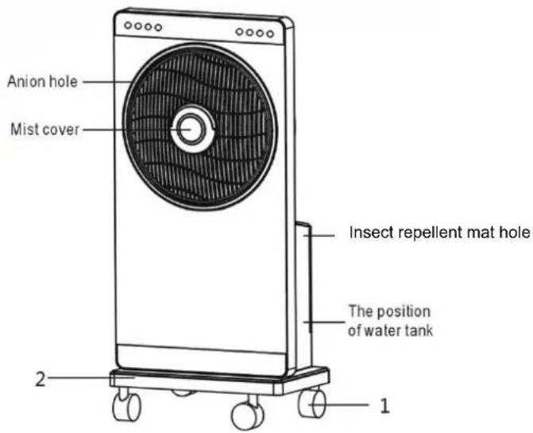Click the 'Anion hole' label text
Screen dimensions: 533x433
[x=42, y=82]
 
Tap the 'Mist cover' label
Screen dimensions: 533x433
[x=44, y=130]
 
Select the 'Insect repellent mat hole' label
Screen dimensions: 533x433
[x=439, y=233]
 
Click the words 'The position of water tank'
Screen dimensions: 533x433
[x=390, y=321]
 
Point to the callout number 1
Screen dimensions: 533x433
[x=384, y=405]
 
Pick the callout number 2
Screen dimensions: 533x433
[x=40, y=379]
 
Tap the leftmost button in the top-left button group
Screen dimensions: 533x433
[x=128, y=25]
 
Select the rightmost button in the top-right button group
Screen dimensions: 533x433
[x=270, y=33]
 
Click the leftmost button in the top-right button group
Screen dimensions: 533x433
[x=240, y=32]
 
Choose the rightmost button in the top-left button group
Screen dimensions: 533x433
[x=158, y=28]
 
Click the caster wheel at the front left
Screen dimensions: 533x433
[x=127, y=406]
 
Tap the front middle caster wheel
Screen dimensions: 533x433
[x=247, y=415]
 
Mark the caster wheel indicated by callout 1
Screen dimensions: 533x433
[x=312, y=403]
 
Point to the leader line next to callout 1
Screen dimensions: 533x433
[x=339, y=404]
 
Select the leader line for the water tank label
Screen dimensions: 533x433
[x=324, y=322]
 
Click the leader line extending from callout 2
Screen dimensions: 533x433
[x=91, y=377]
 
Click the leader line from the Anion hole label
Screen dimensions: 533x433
[x=107, y=82]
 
